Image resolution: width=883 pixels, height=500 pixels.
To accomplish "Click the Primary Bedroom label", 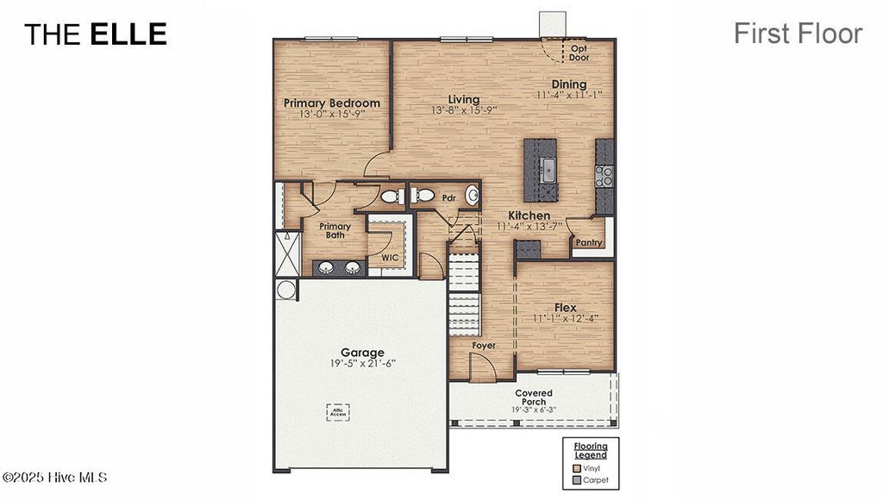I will point(332,103).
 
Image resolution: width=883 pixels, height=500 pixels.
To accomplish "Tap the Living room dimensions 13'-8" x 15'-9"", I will point(464,110).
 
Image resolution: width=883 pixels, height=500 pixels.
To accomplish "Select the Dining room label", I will point(569,84).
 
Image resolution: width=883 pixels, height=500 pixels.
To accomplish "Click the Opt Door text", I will point(579,53).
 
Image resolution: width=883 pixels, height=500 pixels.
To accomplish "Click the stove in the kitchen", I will point(604,176).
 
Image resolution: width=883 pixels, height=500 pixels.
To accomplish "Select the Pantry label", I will point(589,243).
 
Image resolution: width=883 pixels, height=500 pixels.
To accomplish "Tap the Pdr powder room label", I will point(448,197).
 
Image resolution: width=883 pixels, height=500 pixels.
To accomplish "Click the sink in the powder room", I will point(473,196).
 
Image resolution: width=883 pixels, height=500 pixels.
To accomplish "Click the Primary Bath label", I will point(335,232).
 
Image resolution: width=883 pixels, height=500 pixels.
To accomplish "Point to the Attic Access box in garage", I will point(338,413).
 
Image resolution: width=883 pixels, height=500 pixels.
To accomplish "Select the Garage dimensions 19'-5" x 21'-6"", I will point(362,364).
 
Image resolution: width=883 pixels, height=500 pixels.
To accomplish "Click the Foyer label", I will point(484,346).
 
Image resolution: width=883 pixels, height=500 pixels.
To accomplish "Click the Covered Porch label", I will point(534,398).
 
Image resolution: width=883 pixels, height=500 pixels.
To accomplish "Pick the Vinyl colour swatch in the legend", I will point(578,468).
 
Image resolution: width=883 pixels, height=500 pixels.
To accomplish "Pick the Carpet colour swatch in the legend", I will point(578,480).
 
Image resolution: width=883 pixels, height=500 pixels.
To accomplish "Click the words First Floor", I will point(798,34).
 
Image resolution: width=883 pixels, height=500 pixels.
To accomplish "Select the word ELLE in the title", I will point(128,34).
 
